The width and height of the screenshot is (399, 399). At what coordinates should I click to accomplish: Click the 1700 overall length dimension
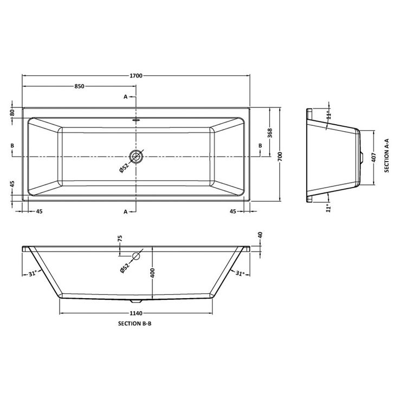(136, 75)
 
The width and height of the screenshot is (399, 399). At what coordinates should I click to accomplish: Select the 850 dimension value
(79, 87)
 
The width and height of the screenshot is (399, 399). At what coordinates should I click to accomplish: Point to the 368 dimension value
(269, 132)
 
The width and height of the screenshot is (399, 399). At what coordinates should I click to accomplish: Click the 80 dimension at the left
(12, 112)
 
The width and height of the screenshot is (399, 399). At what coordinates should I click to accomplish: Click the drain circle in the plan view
(136, 156)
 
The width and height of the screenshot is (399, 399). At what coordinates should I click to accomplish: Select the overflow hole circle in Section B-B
(136, 256)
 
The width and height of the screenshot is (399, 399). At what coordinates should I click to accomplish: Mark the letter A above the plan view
(126, 96)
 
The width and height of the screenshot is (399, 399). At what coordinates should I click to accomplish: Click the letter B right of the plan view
(260, 145)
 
